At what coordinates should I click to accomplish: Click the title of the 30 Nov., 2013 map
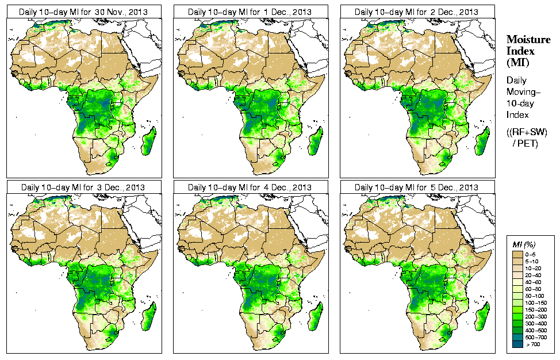point(83,12)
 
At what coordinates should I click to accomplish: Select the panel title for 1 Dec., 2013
point(250,12)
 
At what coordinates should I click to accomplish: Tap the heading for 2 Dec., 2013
point(417,12)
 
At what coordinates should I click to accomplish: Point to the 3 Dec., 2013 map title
point(83,187)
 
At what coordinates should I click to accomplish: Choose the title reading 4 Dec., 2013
point(250,187)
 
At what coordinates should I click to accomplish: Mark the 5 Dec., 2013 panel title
point(417,187)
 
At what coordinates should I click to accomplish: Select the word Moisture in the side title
point(528,39)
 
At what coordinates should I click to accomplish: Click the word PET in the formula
point(530,143)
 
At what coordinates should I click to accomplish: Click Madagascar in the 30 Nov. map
point(148,141)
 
